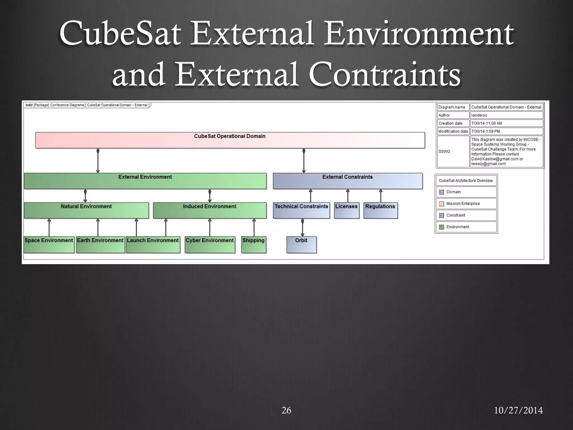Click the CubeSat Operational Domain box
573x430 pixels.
(230, 140)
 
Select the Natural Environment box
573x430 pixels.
(86, 210)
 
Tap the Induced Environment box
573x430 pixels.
(210, 210)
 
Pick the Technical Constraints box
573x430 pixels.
(301, 210)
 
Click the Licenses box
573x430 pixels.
(346, 210)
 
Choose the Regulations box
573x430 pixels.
(380, 210)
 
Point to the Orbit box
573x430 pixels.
(301, 245)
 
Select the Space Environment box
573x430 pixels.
(49, 245)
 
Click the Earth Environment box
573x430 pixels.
(100, 245)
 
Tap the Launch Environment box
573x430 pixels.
(153, 245)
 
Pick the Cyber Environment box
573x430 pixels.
(210, 245)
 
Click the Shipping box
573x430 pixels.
(253, 245)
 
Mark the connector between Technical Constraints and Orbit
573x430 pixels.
(302, 227)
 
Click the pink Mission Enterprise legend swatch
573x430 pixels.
(442, 204)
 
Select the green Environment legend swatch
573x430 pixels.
(442, 227)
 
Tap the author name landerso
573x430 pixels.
(479, 115)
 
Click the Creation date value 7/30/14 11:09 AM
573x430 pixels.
(487, 123)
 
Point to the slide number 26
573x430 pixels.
(286, 410)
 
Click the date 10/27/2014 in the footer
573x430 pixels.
(518, 410)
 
